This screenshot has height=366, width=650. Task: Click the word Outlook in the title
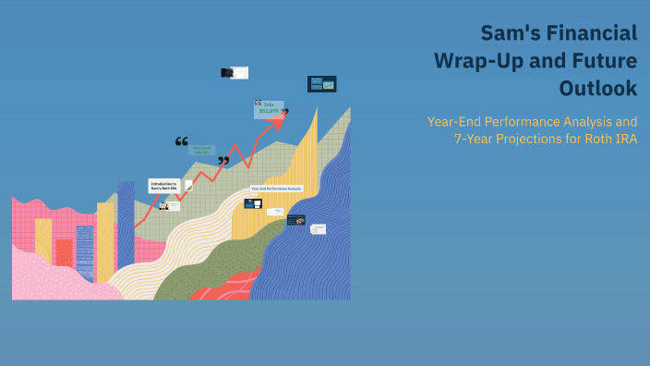click(598, 89)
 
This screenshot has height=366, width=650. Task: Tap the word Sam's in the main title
click(504, 33)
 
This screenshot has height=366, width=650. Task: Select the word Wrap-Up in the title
click(479, 61)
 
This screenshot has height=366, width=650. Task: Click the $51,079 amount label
click(268, 113)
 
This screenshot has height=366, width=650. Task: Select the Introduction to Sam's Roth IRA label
click(164, 186)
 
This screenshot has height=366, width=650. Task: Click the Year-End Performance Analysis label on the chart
click(276, 188)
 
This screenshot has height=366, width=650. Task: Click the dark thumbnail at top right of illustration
click(321, 84)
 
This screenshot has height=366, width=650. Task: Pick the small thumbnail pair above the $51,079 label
click(235, 72)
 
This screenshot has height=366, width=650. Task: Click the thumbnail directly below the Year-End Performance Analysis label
click(253, 203)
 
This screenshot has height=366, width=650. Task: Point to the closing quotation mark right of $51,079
click(285, 113)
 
